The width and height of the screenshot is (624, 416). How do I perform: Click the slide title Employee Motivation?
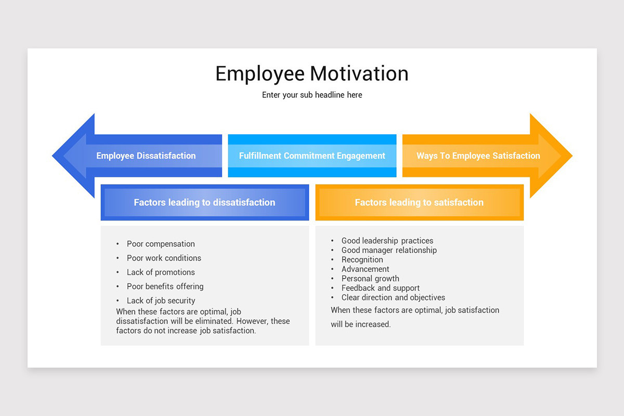[x=311, y=73]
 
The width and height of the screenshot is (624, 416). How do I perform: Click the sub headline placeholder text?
[x=311, y=95]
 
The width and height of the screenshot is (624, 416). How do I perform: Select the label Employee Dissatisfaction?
[x=146, y=155]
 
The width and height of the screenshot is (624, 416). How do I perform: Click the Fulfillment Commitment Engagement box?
[x=312, y=155]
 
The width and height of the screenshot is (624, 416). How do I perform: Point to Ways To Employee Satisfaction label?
[x=478, y=155]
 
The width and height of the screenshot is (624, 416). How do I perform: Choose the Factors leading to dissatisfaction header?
[x=204, y=202]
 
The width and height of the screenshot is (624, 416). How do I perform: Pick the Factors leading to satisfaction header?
[x=419, y=202]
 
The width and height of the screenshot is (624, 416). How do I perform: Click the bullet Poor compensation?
[x=161, y=244]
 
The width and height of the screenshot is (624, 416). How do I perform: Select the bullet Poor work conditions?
[x=164, y=258]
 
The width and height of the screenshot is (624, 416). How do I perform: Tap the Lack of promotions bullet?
[x=161, y=272]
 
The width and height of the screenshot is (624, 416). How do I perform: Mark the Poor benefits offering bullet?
[x=165, y=286]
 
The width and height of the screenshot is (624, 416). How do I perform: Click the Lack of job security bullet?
[x=161, y=301]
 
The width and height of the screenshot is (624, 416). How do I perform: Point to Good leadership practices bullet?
[x=387, y=241]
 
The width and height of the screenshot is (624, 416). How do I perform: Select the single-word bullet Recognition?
[x=362, y=259]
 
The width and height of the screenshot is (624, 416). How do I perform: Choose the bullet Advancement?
[x=365, y=269]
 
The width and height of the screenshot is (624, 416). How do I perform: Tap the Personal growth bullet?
[x=370, y=278]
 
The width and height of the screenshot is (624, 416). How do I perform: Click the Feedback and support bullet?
[x=380, y=288]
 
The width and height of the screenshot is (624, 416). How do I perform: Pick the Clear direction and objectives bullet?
[x=393, y=297]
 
